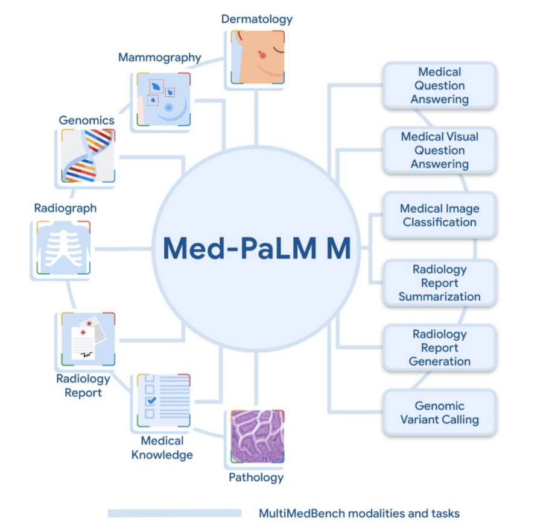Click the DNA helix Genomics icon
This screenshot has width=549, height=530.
(x=88, y=155)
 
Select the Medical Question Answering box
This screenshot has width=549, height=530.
(x=439, y=86)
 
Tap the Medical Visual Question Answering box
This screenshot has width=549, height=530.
(x=439, y=150)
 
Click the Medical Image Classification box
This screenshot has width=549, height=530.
(x=439, y=215)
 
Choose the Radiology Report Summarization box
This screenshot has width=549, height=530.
(x=439, y=282)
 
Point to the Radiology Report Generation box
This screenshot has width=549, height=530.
(x=439, y=348)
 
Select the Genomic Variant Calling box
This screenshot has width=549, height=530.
(x=439, y=413)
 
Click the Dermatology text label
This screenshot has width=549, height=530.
(x=257, y=19)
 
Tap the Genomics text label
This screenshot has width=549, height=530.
(x=86, y=120)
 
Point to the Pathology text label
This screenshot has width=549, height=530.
(x=256, y=478)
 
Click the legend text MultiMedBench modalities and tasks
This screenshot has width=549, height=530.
(x=359, y=514)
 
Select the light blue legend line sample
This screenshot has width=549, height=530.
(x=174, y=514)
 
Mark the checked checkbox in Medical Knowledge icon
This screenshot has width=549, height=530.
(x=151, y=400)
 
